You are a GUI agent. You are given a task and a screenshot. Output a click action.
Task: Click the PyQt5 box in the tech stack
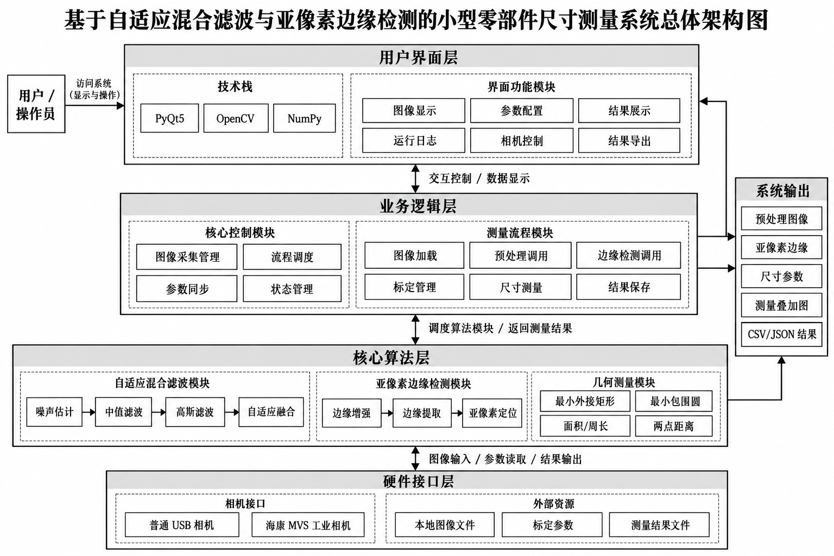[169, 118]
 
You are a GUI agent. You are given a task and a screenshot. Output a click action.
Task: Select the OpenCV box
[236, 118]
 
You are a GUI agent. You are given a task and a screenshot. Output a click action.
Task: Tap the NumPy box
[304, 118]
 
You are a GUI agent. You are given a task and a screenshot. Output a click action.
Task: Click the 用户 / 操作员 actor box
[36, 104]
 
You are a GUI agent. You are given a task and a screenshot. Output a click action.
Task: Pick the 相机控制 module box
[522, 141]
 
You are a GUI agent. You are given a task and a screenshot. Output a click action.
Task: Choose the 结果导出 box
[629, 141]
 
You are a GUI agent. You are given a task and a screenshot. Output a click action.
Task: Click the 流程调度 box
[292, 257]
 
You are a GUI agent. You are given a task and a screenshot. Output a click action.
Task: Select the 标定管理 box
[414, 287]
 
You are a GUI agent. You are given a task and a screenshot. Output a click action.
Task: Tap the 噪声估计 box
[54, 412]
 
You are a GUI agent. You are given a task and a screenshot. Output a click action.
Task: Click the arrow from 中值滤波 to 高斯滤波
[159, 412]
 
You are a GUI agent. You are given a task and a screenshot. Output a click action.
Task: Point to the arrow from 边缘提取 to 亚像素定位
[457, 413]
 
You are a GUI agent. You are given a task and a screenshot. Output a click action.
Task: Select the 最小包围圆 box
[673, 401]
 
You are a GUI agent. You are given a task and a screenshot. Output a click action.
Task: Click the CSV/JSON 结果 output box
[781, 334]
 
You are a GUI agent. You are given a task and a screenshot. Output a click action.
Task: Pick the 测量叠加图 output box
[781, 305]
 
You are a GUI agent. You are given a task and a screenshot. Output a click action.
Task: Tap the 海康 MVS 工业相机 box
[308, 525]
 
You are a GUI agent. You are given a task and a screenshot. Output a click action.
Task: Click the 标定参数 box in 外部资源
[552, 525]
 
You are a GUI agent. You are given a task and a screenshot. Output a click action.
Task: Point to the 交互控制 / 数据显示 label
[479, 179]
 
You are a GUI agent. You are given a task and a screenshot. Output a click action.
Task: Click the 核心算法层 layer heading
[391, 357]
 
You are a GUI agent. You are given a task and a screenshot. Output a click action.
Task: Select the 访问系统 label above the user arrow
[93, 83]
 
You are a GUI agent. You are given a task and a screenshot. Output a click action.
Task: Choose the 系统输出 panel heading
[782, 191]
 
